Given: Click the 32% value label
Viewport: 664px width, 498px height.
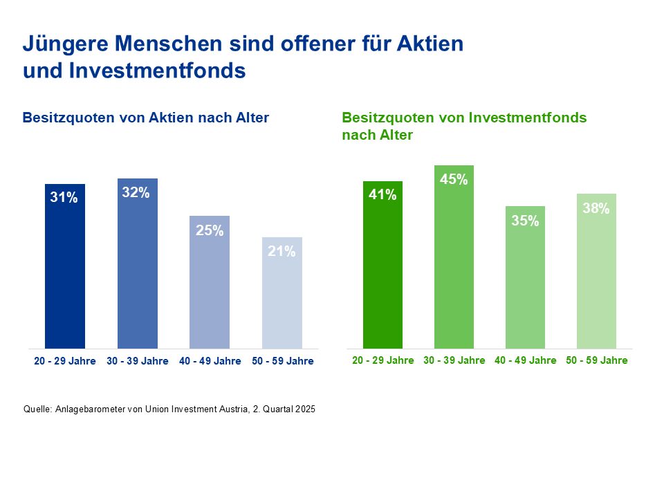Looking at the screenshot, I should coord(136,193).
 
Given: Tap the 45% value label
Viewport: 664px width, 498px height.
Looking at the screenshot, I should coord(454,180).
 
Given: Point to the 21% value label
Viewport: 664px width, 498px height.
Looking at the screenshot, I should coord(282,252).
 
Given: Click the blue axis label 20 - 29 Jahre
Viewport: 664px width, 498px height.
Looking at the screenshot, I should coord(65,361).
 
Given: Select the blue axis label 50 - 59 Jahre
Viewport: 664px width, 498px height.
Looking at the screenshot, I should coord(282,361).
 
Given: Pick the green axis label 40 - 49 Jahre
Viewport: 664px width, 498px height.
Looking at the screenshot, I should coord(525,360).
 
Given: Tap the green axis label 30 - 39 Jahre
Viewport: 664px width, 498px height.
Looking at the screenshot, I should coord(454,360).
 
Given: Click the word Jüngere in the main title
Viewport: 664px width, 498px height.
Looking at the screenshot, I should coord(64,44).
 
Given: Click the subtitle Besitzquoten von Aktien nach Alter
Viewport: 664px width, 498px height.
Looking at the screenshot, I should coord(145,118).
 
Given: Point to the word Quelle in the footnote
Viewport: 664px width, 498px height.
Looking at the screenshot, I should coord(37,409).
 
